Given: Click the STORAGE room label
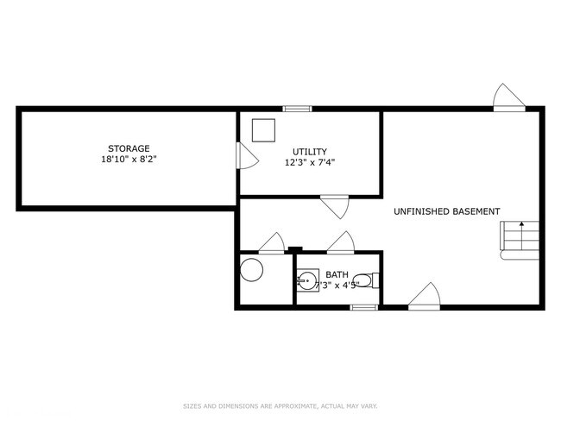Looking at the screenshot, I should coord(129,148).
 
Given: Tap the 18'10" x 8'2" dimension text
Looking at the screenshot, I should coord(129,160).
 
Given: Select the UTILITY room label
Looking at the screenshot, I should coord(310,152).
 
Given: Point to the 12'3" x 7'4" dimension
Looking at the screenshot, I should coord(310,162).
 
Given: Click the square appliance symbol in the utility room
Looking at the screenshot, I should coord(263,129).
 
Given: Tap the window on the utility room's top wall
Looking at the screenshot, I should coord(298,109).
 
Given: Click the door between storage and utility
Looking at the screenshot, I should coord(245,155).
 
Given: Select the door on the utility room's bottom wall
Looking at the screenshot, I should coord(334,205).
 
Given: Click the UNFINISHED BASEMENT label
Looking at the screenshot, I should coord(446,211).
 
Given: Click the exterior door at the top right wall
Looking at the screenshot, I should coord(507,97).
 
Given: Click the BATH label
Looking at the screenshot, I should coord(337,275).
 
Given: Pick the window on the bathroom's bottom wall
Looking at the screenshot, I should coord(364,306).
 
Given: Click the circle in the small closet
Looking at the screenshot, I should coord(251,270).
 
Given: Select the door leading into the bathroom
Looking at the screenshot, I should coord(340,243).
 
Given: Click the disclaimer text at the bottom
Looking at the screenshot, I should coord(280,406).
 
